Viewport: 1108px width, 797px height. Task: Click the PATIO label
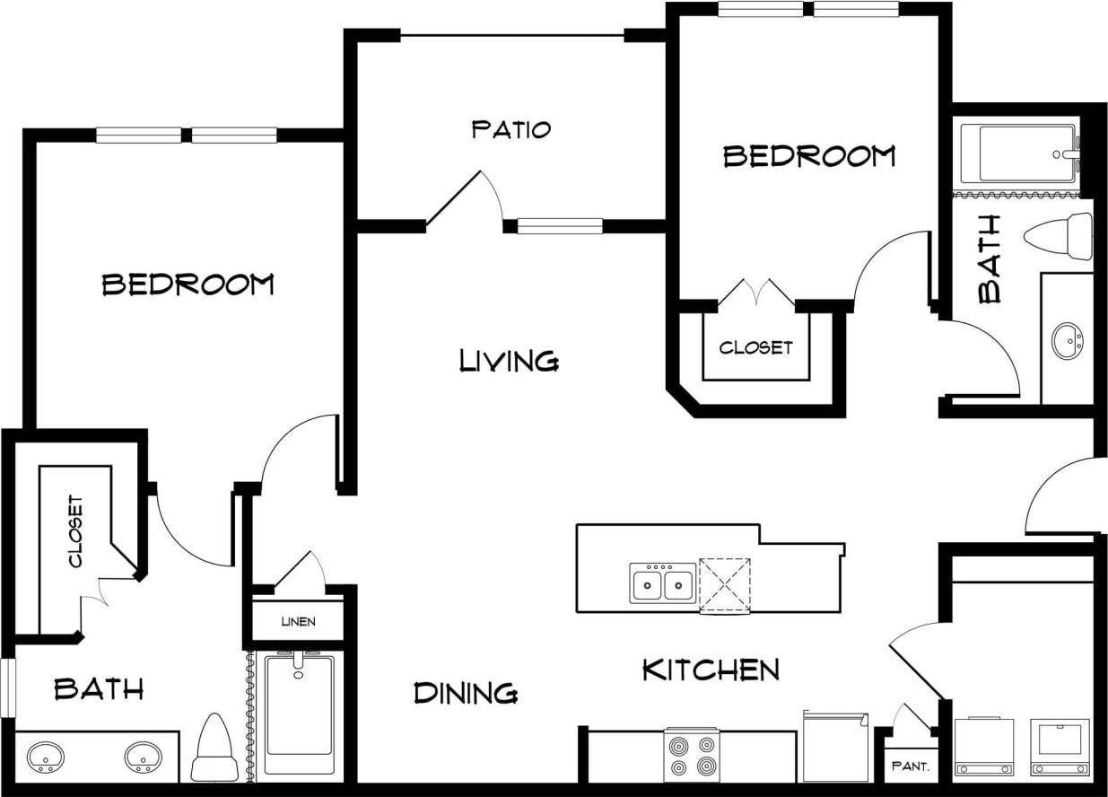tap(510, 129)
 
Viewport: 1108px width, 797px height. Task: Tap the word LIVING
tap(509, 361)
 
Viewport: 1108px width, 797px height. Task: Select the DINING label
tap(466, 693)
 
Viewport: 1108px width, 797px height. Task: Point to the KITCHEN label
tap(711, 670)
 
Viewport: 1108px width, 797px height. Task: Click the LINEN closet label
tap(298, 622)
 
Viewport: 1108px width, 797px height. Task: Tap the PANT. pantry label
tap(910, 767)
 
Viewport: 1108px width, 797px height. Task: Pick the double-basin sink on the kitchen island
tap(662, 585)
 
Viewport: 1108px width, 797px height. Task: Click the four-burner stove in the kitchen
tap(691, 755)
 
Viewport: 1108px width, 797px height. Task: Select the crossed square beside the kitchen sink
tap(724, 585)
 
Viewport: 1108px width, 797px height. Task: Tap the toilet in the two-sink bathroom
tap(214, 749)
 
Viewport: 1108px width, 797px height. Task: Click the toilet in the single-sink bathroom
tap(1060, 235)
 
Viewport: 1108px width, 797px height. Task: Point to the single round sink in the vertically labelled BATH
tap(1068, 342)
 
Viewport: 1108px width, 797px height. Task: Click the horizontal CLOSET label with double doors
tap(756, 346)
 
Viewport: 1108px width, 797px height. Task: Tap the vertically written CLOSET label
tap(75, 532)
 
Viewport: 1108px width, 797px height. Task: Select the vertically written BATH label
tap(990, 259)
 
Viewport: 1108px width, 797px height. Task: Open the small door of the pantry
tap(912, 719)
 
